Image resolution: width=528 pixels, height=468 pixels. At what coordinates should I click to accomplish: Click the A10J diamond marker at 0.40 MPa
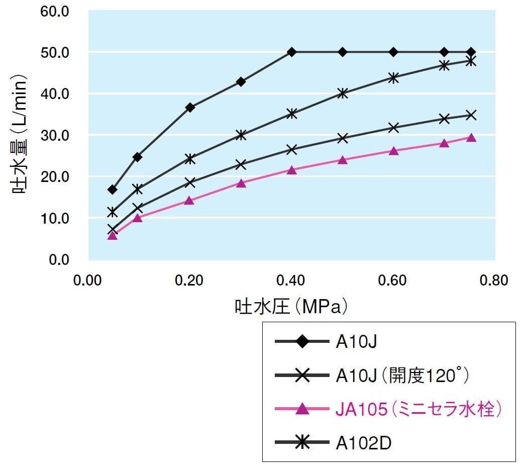coord(291,52)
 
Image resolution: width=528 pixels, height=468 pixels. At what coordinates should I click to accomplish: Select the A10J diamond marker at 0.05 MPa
coord(113,190)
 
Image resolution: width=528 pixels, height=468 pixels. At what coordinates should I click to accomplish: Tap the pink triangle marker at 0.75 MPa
coord(471,138)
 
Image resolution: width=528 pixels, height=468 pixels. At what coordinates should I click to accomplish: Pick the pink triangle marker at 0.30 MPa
coord(241,183)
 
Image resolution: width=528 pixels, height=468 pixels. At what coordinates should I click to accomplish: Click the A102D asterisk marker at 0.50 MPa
coord(343,93)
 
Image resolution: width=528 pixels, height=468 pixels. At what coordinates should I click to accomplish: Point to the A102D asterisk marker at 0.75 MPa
coord(471,61)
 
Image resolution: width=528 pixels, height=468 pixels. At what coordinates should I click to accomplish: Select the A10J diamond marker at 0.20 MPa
coord(190,107)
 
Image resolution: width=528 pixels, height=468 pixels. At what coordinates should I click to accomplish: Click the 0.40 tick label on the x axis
coord(290,280)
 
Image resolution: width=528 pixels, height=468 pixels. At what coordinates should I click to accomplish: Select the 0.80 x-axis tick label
coord(494,280)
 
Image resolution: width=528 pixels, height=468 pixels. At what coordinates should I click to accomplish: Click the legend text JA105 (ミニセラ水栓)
coord(419,410)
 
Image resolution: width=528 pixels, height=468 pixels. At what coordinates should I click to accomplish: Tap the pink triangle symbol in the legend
coord(302,410)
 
